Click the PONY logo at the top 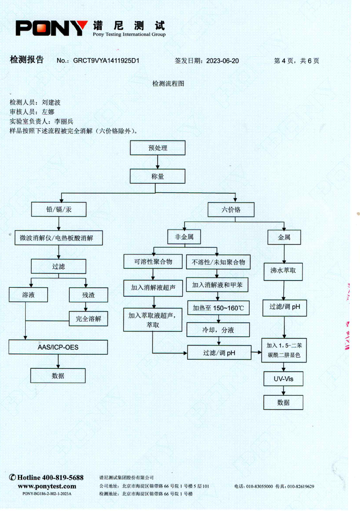pyautogui.click(x=52, y=28)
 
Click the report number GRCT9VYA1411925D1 pyautogui.click(x=106, y=61)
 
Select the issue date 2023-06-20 pyautogui.click(x=222, y=61)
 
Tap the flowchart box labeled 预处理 pyautogui.click(x=157, y=148)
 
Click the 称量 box pyautogui.click(x=157, y=176)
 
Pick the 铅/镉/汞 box pyautogui.click(x=58, y=209)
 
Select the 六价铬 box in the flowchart pyautogui.click(x=231, y=209)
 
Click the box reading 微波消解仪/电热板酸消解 pyautogui.click(x=56, y=238)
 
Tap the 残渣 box pyautogui.click(x=88, y=295)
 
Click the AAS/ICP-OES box pyautogui.click(x=58, y=347)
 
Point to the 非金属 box pyautogui.click(x=184, y=237)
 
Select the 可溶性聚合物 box pyautogui.click(x=153, y=262)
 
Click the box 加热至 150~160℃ pyautogui.click(x=218, y=308)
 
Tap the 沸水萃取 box pyautogui.click(x=283, y=271)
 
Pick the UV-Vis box pyautogui.click(x=283, y=379)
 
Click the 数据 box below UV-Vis pyautogui.click(x=283, y=402)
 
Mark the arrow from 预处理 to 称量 pyautogui.click(x=157, y=162)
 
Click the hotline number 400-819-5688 pyautogui.click(x=63, y=478)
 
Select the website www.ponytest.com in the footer pyautogui.click(x=47, y=486)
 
